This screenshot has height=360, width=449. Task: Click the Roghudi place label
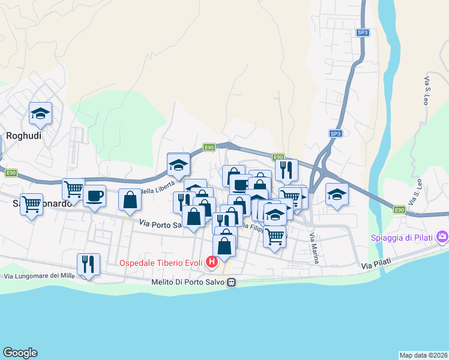point(23,136)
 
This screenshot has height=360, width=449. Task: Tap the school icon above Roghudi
point(40,113)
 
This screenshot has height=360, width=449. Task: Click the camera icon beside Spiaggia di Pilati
point(442,236)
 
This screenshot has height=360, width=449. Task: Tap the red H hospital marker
point(211,262)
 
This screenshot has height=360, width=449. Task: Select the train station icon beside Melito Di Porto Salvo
point(232,282)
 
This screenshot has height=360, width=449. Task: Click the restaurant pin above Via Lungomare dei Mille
point(88,264)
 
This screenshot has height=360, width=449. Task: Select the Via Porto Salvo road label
point(160,224)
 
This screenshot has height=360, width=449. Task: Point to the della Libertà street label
point(157,190)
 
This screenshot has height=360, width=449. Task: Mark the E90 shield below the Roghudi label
point(11,173)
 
